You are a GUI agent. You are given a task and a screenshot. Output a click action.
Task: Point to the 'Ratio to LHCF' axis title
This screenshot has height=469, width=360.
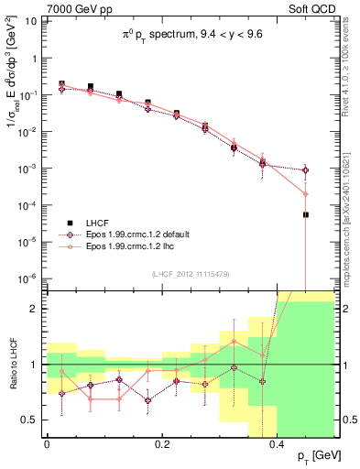12,364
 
